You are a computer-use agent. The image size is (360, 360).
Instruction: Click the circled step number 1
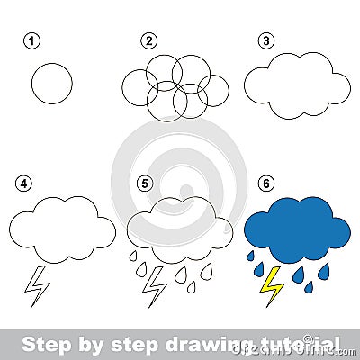[33, 41]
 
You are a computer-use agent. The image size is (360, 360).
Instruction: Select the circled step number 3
[265, 41]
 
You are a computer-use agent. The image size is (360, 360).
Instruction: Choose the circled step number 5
[144, 184]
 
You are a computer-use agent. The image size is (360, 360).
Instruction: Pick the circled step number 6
[265, 184]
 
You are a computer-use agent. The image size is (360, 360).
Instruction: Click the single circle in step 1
[51, 84]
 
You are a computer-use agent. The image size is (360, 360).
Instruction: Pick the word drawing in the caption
[196, 344]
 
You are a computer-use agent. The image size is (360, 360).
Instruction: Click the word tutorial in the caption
[289, 344]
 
